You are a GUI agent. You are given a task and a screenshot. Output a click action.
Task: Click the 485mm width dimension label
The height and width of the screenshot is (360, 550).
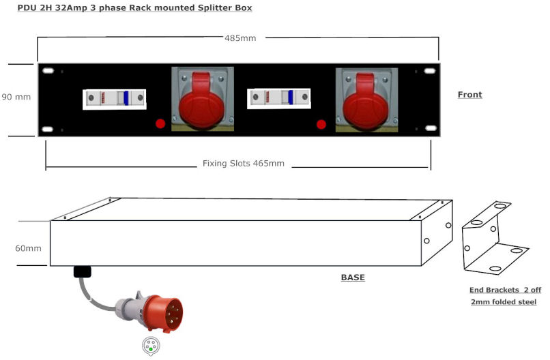(x=240, y=37)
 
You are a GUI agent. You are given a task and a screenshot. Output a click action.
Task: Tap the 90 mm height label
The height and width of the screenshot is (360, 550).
(x=16, y=97)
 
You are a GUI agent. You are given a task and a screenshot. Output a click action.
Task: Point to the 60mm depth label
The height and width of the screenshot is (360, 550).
(x=28, y=248)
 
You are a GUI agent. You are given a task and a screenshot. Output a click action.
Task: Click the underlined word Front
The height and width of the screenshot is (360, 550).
(x=469, y=95)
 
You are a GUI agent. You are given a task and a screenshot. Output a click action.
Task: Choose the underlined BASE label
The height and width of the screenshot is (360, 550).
(x=353, y=277)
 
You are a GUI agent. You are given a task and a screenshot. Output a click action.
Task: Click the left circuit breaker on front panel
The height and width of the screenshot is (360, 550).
(x=115, y=98)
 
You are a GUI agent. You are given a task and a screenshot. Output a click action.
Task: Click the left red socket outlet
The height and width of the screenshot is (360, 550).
(x=202, y=100)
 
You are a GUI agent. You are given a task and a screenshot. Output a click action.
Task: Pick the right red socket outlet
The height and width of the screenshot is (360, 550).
(x=366, y=100)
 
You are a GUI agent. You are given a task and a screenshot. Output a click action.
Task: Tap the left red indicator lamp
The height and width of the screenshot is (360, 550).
(x=160, y=123)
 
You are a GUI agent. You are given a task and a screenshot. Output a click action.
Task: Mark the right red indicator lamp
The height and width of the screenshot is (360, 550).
(x=321, y=124)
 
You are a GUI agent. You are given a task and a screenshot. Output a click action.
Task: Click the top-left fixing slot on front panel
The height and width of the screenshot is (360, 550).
(x=48, y=70)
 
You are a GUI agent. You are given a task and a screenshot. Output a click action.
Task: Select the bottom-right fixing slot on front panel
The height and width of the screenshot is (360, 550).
(x=431, y=128)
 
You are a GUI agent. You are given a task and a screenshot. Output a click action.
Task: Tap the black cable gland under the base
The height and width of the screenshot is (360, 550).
(x=82, y=271)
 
